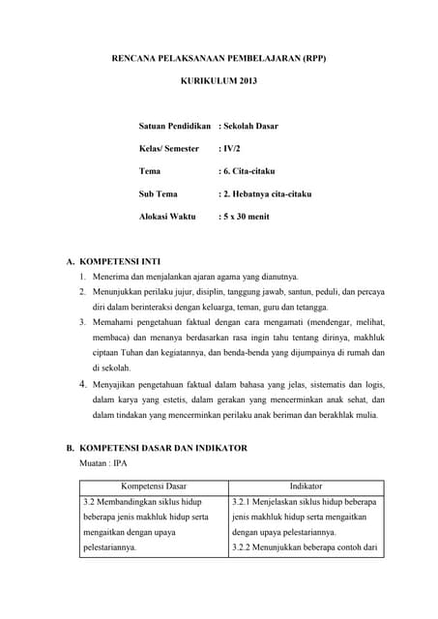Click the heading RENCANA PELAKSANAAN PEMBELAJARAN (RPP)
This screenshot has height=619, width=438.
point(219,60)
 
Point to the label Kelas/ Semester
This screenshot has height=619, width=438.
point(169,149)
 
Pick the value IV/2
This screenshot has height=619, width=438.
point(233,149)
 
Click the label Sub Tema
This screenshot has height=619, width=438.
point(159,193)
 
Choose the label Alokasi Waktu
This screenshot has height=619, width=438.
point(167,217)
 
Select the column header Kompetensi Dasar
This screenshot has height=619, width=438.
point(154,486)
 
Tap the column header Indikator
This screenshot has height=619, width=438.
point(306,486)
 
